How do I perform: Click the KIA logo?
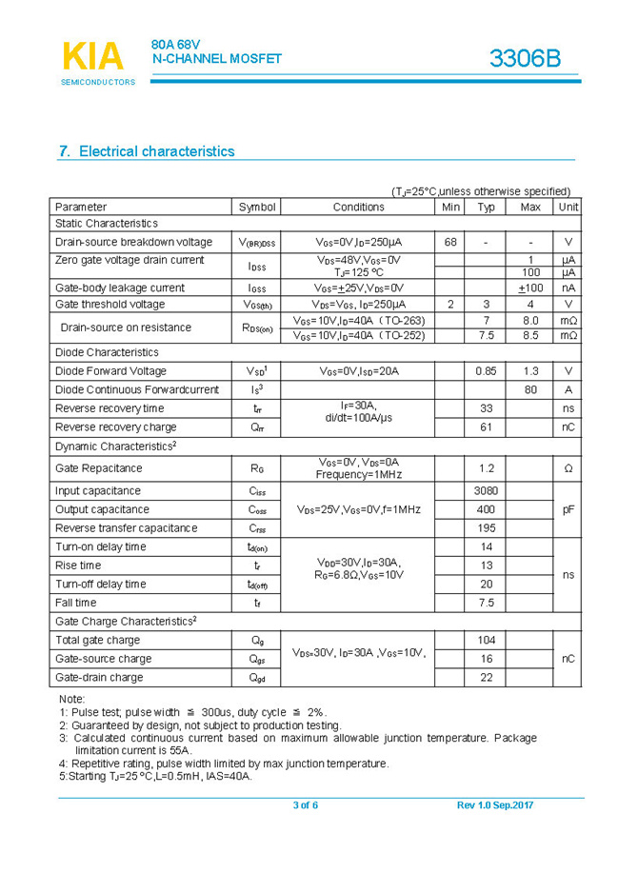click(93, 58)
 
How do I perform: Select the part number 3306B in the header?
click(525, 58)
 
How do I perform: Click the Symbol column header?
click(257, 207)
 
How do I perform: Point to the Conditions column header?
click(358, 207)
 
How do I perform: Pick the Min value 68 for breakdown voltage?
click(450, 242)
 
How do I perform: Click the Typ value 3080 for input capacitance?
click(486, 491)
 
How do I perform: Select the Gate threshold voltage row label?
click(110, 305)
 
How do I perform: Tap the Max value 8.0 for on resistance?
click(530, 321)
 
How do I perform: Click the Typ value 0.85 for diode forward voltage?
click(486, 371)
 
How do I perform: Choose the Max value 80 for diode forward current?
click(530, 389)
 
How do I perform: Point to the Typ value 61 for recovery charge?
click(486, 427)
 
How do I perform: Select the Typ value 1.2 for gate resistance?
click(486, 468)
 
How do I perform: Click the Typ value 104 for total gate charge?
click(486, 641)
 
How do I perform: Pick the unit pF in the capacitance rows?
click(568, 509)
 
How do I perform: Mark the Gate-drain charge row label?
click(99, 678)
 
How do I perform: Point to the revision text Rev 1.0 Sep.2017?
click(495, 806)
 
